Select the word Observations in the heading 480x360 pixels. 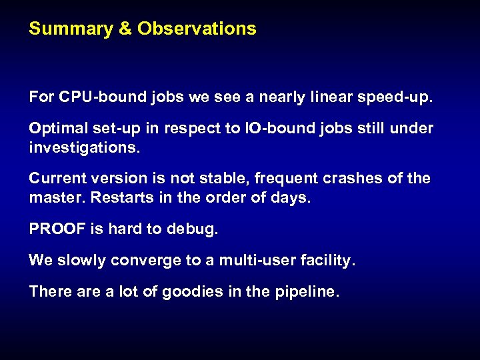(x=197, y=29)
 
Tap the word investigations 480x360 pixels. (x=85, y=147)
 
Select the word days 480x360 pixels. (x=292, y=199)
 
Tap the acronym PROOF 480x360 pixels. (x=57, y=229)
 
